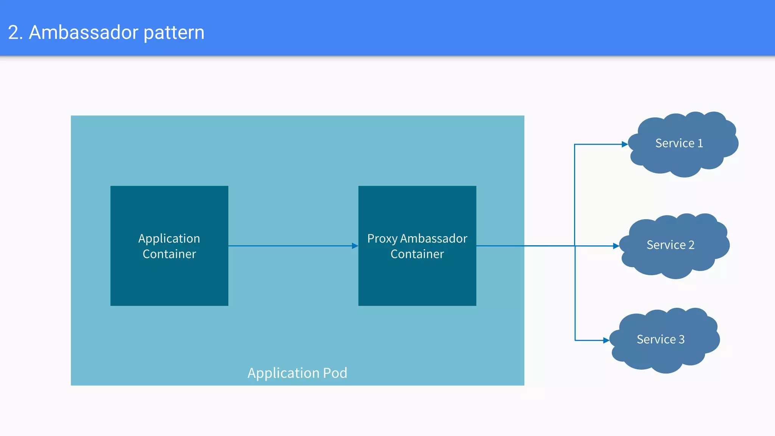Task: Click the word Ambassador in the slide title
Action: click(84, 32)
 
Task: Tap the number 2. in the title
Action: click(16, 32)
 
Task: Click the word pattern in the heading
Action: click(174, 33)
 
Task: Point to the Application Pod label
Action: click(297, 373)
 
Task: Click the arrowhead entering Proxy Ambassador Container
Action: click(355, 246)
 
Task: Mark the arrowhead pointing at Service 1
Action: click(625, 144)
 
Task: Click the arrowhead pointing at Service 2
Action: click(616, 246)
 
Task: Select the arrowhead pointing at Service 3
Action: click(606, 340)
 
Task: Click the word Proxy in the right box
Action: click(382, 239)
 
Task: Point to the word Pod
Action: click(335, 373)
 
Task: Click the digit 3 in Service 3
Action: click(682, 339)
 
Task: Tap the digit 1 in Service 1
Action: click(700, 143)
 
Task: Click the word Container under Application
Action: click(169, 254)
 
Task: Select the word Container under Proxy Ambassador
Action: click(417, 254)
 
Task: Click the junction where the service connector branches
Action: click(575, 246)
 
